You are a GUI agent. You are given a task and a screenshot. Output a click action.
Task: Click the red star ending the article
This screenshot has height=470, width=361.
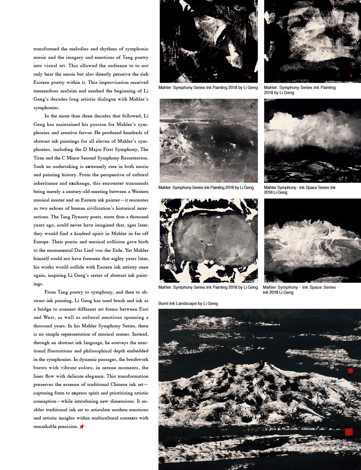pos(82,426)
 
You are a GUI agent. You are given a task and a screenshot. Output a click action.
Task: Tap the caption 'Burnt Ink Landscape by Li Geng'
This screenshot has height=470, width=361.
pos(188,303)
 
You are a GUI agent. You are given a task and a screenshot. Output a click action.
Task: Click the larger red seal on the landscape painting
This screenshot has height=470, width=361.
pos(348,432)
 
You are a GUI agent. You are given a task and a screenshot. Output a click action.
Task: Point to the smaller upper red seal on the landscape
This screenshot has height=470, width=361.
pos(350,371)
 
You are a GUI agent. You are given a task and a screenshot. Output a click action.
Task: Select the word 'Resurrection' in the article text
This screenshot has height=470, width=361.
pos(134,158)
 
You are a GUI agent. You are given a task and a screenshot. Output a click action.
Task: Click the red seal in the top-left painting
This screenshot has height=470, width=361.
pos(249,77)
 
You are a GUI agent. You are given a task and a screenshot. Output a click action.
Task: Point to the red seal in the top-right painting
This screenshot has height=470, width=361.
pos(351,76)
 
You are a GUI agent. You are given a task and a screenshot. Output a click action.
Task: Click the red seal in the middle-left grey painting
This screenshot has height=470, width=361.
pos(252,178)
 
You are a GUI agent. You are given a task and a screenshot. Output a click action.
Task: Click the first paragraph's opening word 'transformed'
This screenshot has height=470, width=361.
pos(46,49)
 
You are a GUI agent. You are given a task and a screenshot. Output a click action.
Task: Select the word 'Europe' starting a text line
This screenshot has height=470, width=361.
pos(41,242)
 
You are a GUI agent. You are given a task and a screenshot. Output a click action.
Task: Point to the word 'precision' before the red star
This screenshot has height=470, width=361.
pos(67,426)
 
